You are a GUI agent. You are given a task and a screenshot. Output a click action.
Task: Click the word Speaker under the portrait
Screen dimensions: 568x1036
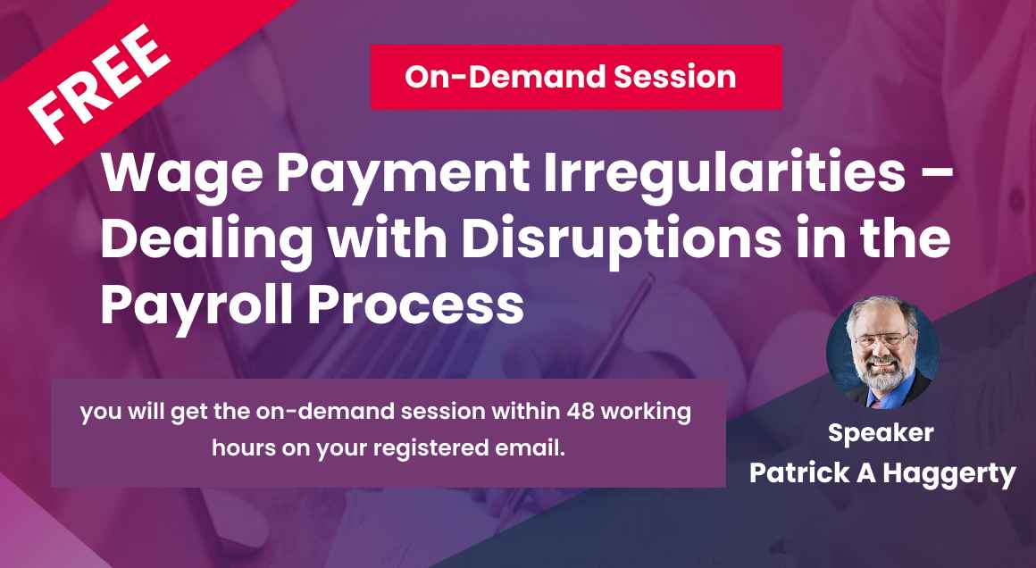coord(881,434)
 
